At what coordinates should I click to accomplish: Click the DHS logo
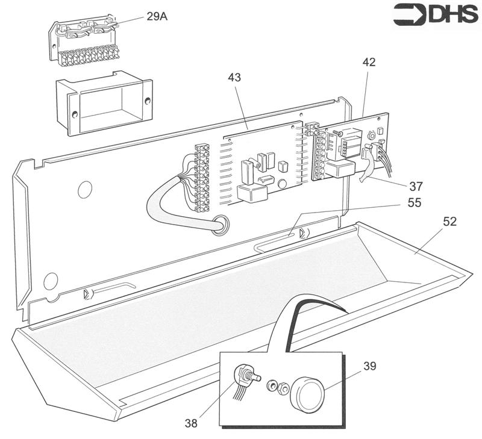(436, 15)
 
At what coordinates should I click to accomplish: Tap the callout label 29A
(157, 16)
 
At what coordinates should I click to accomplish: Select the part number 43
(235, 78)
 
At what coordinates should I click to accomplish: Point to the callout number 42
(369, 62)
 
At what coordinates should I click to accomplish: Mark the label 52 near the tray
(449, 222)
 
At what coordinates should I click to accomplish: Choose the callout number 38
(191, 423)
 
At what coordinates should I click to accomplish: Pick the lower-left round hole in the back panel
(51, 280)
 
